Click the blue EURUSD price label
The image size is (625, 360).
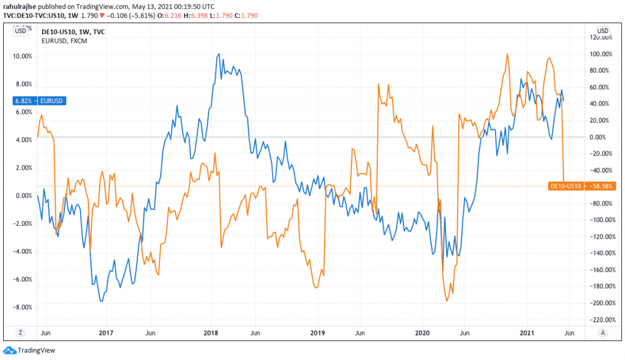click(53, 100)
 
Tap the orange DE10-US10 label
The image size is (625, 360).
click(565, 185)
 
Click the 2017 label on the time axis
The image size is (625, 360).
click(106, 333)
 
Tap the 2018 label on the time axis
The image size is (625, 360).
click(211, 333)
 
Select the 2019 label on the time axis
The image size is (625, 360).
click(317, 333)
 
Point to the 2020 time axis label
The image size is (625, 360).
click(422, 333)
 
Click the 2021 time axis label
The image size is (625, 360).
click(527, 333)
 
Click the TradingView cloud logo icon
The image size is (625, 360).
click(9, 350)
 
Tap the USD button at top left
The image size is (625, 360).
click(21, 31)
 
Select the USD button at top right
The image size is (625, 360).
click(603, 31)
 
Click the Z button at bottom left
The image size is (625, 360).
click(21, 333)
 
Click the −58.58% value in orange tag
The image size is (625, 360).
click(598, 185)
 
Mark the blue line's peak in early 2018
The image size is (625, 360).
click(219, 54)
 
